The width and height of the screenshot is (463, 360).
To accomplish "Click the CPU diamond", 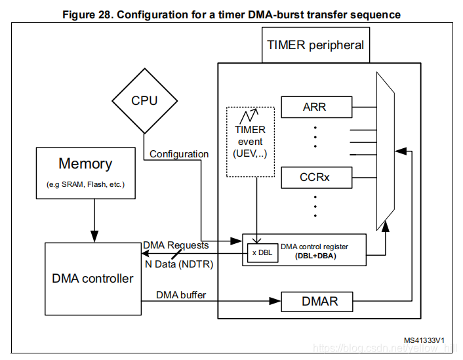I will click(144, 101).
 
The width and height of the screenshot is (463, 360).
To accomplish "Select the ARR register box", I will click(316, 106).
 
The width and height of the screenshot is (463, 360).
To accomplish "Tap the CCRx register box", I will click(316, 176).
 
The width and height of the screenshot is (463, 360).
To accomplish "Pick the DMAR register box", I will click(316, 302).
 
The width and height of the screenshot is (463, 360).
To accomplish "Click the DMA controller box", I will click(92, 279).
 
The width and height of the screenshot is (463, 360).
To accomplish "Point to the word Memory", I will click(85, 164).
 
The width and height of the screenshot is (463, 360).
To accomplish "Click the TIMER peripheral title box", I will click(315, 46).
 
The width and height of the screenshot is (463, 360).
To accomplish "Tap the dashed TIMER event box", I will click(251, 140).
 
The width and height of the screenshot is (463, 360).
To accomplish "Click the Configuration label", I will click(179, 154).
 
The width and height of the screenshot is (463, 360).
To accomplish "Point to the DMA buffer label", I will click(181, 295).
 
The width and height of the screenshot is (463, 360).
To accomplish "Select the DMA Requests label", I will click(176, 245).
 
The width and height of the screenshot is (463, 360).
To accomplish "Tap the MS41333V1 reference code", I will click(424, 340).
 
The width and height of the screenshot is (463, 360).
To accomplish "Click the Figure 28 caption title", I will click(231, 14).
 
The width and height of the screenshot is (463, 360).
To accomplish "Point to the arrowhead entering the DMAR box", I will click(275, 302).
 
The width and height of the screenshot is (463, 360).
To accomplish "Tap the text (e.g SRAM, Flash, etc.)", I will click(85, 184).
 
